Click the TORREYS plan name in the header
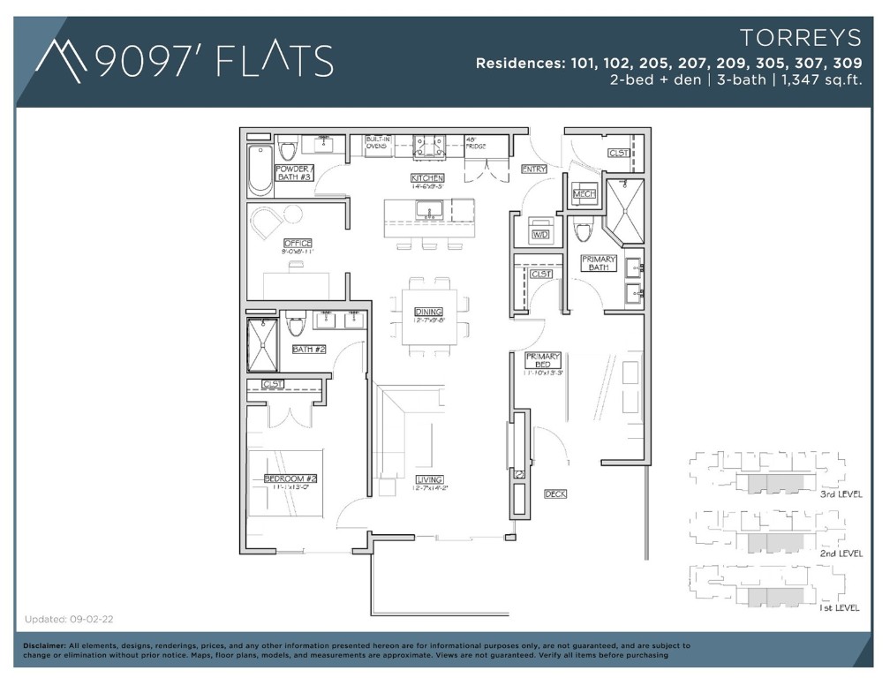point(801,38)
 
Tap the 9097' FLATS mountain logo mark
point(62,60)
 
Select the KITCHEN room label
point(426,177)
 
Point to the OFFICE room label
point(298,243)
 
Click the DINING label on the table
point(428,312)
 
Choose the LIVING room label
point(429,479)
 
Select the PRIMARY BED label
point(543,359)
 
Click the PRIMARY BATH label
point(599,262)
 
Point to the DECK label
point(555,494)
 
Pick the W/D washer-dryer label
point(539,235)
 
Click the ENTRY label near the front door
point(534,169)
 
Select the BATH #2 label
point(309,350)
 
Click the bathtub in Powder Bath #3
point(260,171)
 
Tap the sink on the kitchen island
point(430,210)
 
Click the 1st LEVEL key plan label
point(840,609)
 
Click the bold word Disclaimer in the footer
point(44,646)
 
